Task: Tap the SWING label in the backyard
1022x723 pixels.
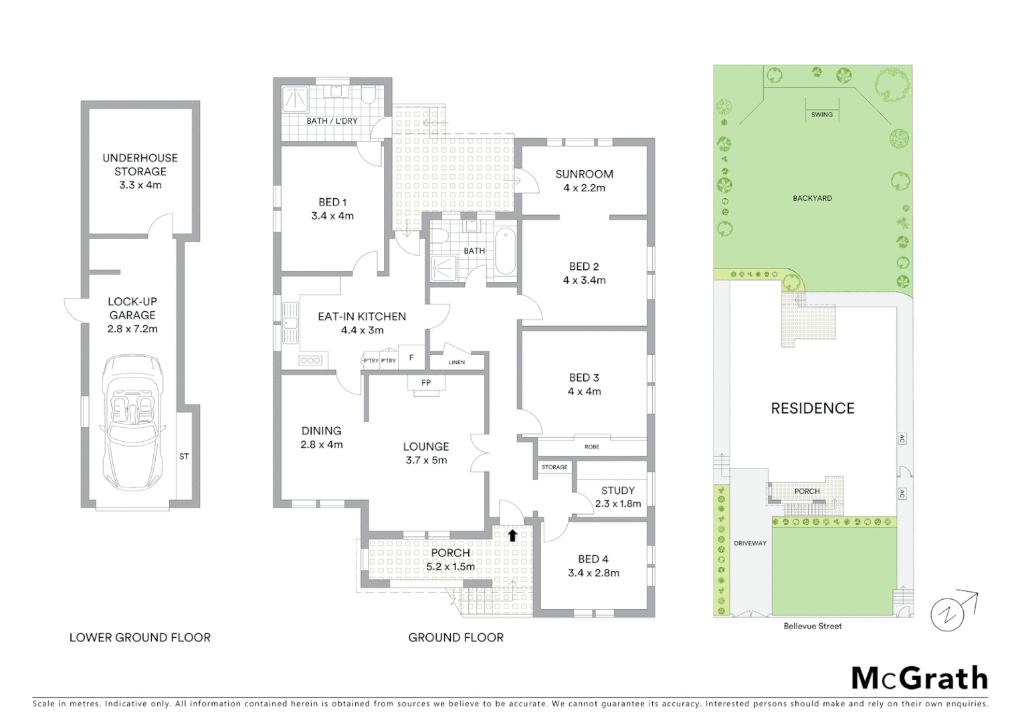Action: pyautogui.click(x=821, y=114)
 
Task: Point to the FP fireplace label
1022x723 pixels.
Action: pyautogui.click(x=426, y=383)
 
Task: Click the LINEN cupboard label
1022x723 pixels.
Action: pyautogui.click(x=457, y=362)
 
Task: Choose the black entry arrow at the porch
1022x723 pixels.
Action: pyautogui.click(x=512, y=535)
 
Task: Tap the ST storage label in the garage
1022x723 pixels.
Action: pyautogui.click(x=184, y=457)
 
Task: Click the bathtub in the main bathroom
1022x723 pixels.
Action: pyautogui.click(x=505, y=251)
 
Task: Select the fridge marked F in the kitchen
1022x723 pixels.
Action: pyautogui.click(x=411, y=358)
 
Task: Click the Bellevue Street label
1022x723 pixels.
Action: pyautogui.click(x=812, y=626)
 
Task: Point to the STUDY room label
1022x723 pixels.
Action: pyautogui.click(x=617, y=491)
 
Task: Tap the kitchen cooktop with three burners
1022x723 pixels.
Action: pyautogui.click(x=311, y=361)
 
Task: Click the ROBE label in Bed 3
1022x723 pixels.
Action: pyautogui.click(x=592, y=447)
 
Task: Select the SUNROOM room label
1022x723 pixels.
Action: pyautogui.click(x=584, y=174)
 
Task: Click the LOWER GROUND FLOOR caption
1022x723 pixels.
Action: pyautogui.click(x=140, y=637)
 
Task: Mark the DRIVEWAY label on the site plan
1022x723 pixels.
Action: pyautogui.click(x=750, y=543)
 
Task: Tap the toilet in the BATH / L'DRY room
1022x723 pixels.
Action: pyautogui.click(x=368, y=96)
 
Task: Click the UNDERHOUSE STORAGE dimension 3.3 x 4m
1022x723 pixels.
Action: pyautogui.click(x=140, y=185)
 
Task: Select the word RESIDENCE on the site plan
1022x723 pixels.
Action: pyautogui.click(x=812, y=408)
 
